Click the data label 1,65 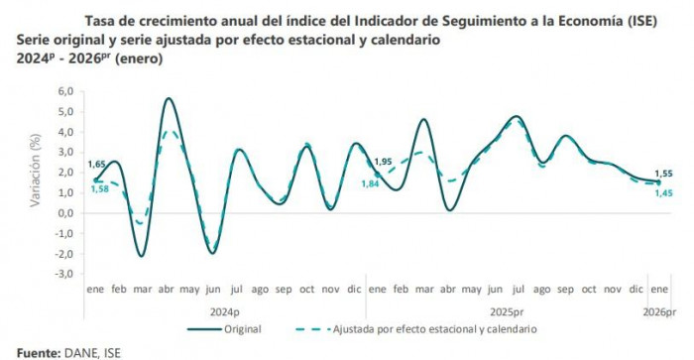(x=97, y=164)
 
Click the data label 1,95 (x=382, y=162)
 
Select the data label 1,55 (x=661, y=173)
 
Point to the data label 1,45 (x=661, y=192)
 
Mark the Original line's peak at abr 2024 (x=169, y=98)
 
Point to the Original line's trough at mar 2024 (x=142, y=256)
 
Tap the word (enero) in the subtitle (x=136, y=60)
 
